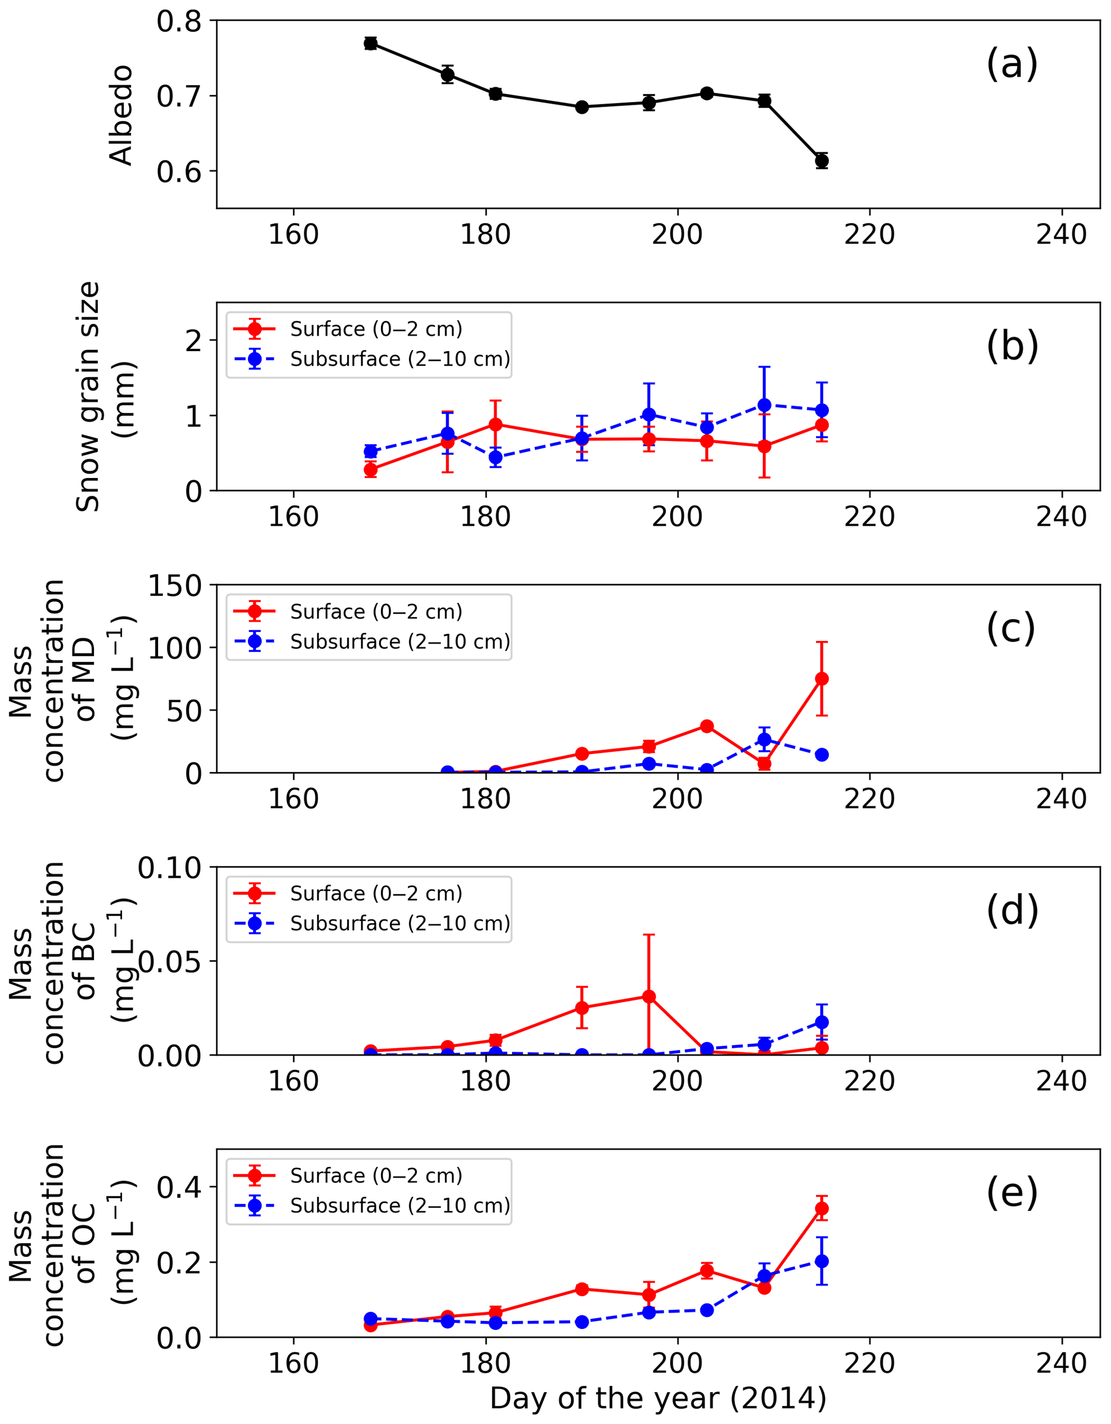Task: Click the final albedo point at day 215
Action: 822,161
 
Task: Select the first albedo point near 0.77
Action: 371,43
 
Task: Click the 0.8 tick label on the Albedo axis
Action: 178,22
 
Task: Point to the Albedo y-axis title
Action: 121,115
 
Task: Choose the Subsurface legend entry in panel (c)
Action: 399,642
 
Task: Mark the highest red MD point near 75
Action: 822,679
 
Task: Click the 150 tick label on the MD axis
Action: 175,586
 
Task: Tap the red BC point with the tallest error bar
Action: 649,996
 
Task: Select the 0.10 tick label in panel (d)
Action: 169,868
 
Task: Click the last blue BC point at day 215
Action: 822,1022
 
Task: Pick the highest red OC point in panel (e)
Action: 822,1208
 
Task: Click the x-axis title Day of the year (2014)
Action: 658,1399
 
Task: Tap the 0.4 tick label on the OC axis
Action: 178,1188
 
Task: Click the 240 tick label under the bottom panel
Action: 1062,1363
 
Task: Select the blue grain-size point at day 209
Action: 764,405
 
